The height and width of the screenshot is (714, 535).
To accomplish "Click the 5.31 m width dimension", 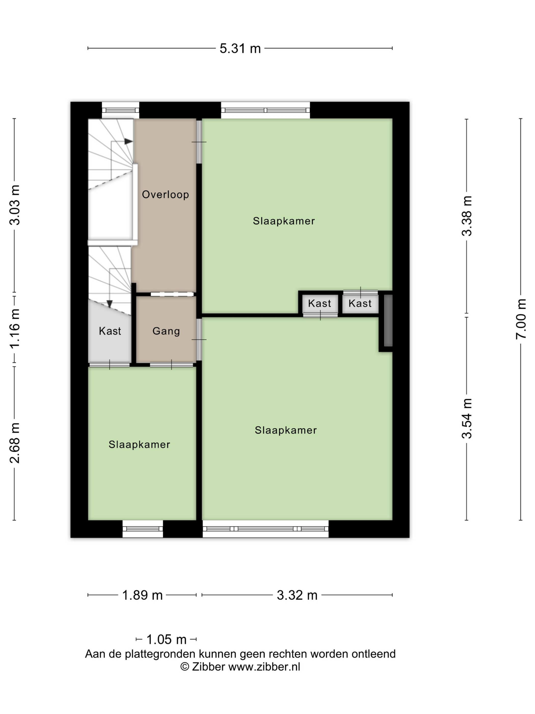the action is (x=240, y=48).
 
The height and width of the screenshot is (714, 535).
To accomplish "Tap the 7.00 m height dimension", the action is (x=521, y=318).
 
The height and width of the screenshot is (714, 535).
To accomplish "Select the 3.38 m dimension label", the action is (x=467, y=216).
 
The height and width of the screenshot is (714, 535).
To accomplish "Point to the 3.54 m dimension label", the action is (x=467, y=418).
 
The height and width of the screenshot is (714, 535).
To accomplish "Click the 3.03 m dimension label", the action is (x=15, y=205).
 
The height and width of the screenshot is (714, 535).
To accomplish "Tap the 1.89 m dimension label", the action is (x=142, y=595).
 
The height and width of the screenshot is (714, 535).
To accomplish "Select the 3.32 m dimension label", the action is (x=297, y=595).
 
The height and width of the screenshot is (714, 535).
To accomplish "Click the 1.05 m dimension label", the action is (x=166, y=639).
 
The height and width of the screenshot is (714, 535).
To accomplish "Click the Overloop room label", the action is (x=165, y=194).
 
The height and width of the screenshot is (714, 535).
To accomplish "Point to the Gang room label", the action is (x=166, y=331).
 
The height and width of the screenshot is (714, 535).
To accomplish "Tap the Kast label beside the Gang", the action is (x=110, y=331).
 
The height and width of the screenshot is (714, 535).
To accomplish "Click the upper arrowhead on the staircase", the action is (x=128, y=141).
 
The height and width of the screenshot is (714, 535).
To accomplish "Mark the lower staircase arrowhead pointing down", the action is (x=109, y=304).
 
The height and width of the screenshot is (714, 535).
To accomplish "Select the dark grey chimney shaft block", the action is (x=388, y=321).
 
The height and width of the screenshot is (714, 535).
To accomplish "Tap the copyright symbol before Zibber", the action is (x=184, y=667).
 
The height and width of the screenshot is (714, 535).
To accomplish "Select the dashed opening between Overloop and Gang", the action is (x=172, y=294).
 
